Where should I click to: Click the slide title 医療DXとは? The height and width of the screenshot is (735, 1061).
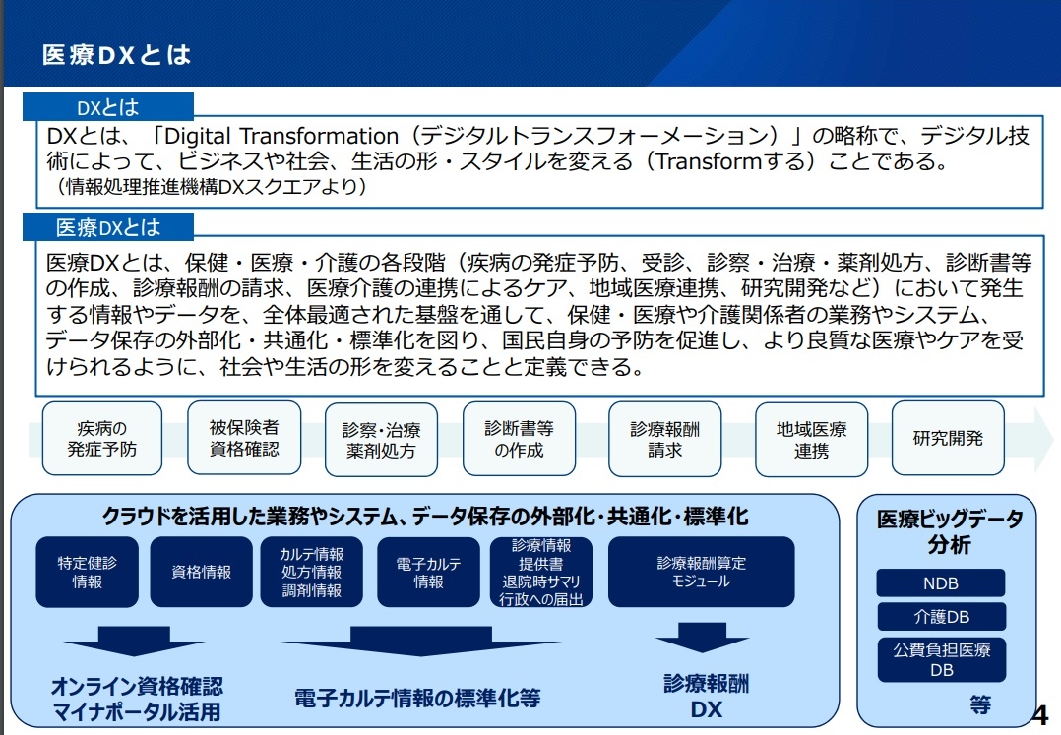tap(116, 55)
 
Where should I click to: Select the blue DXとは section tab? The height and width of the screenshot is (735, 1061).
tap(108, 107)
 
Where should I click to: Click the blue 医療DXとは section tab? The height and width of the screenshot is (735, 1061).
tap(108, 228)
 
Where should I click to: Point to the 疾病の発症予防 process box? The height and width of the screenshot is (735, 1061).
tap(102, 439)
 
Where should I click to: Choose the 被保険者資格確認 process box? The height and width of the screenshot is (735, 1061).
tap(244, 438)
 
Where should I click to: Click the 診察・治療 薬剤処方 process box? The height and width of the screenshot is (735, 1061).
tap(381, 440)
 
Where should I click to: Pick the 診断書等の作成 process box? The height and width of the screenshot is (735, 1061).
tap(519, 439)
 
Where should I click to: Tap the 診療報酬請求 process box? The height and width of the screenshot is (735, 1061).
tap(665, 439)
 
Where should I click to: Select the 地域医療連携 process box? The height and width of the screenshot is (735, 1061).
tap(812, 439)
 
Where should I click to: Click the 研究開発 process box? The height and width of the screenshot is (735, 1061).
tap(948, 438)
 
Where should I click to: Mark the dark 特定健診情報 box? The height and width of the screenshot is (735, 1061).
tap(88, 572)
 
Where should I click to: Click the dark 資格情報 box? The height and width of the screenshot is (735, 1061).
tap(201, 572)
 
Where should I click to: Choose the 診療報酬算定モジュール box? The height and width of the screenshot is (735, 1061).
tap(701, 572)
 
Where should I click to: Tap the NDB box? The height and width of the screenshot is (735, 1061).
tap(941, 583)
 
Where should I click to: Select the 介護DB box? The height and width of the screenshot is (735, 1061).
tap(941, 617)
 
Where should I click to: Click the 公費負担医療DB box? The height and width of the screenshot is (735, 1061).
tap(941, 659)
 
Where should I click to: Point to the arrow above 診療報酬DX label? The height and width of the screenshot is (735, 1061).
tap(702, 643)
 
